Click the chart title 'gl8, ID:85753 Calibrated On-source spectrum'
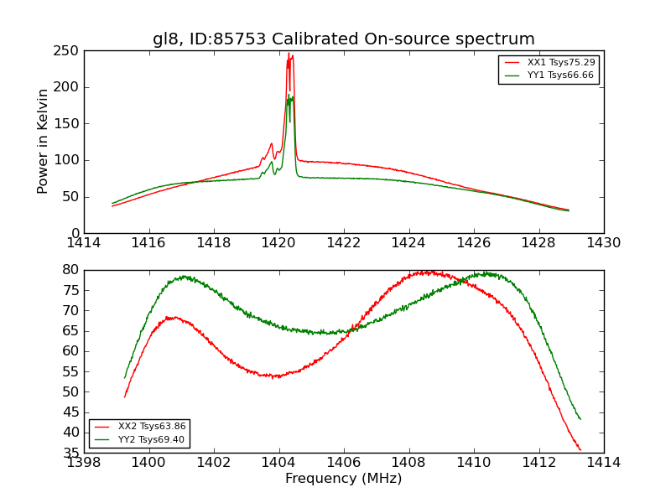[343, 39]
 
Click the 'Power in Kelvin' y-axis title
[43, 142]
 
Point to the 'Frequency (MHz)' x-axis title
[343, 479]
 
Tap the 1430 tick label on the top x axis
[603, 242]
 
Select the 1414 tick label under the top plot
[84, 242]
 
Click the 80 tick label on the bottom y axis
[70, 270]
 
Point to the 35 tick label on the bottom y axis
[70, 453]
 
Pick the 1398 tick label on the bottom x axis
[84, 462]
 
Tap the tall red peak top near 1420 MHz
[289, 54]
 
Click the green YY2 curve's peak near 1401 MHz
[183, 276]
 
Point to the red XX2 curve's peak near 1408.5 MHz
[428, 272]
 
